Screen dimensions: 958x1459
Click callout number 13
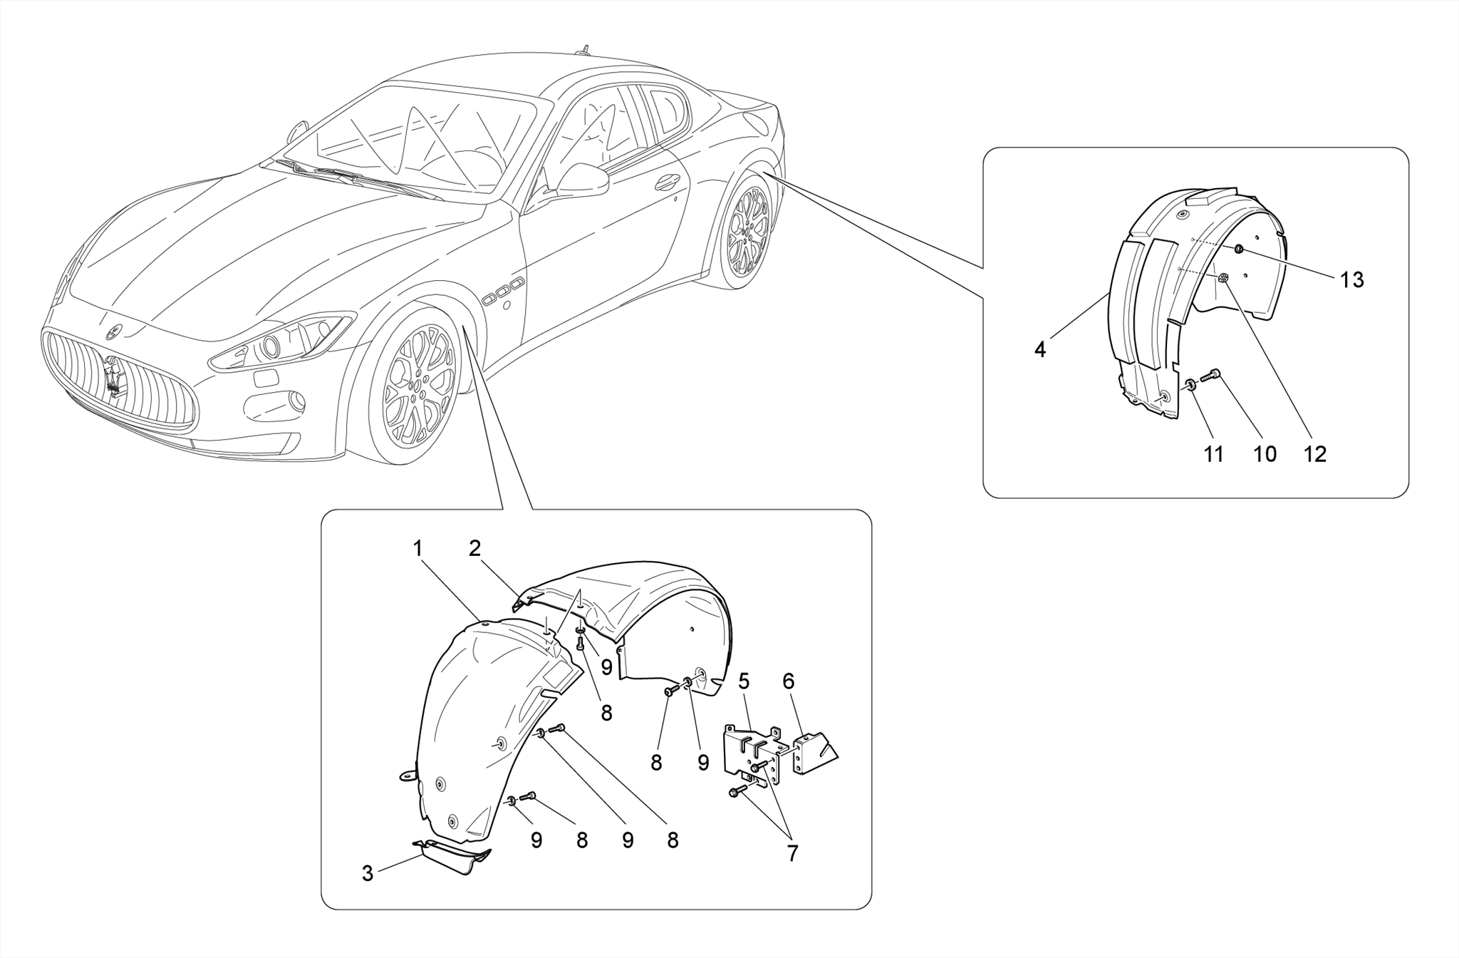[x=1351, y=280]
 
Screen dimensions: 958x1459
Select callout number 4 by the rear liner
[x=1039, y=350]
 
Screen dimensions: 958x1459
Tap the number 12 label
[x=1314, y=454]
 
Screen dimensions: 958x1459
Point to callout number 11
[x=1213, y=454]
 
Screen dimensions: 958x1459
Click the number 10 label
[x=1265, y=454]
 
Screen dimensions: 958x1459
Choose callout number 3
[x=368, y=873]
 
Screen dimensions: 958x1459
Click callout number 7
[x=792, y=853]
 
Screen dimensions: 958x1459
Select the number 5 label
[x=744, y=681]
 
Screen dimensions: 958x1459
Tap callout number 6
[x=788, y=681]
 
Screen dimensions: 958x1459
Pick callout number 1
[x=418, y=549]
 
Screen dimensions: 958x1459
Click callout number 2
[x=474, y=548]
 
